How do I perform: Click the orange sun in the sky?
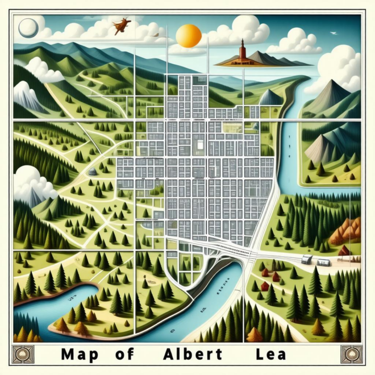click(189, 35)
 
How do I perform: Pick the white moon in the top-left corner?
click(28, 27)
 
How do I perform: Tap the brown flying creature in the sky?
click(122, 26)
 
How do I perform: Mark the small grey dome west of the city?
click(93, 172)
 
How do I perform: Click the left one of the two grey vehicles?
click(307, 260)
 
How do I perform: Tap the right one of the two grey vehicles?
click(323, 262)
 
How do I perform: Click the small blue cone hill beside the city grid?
click(270, 98)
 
